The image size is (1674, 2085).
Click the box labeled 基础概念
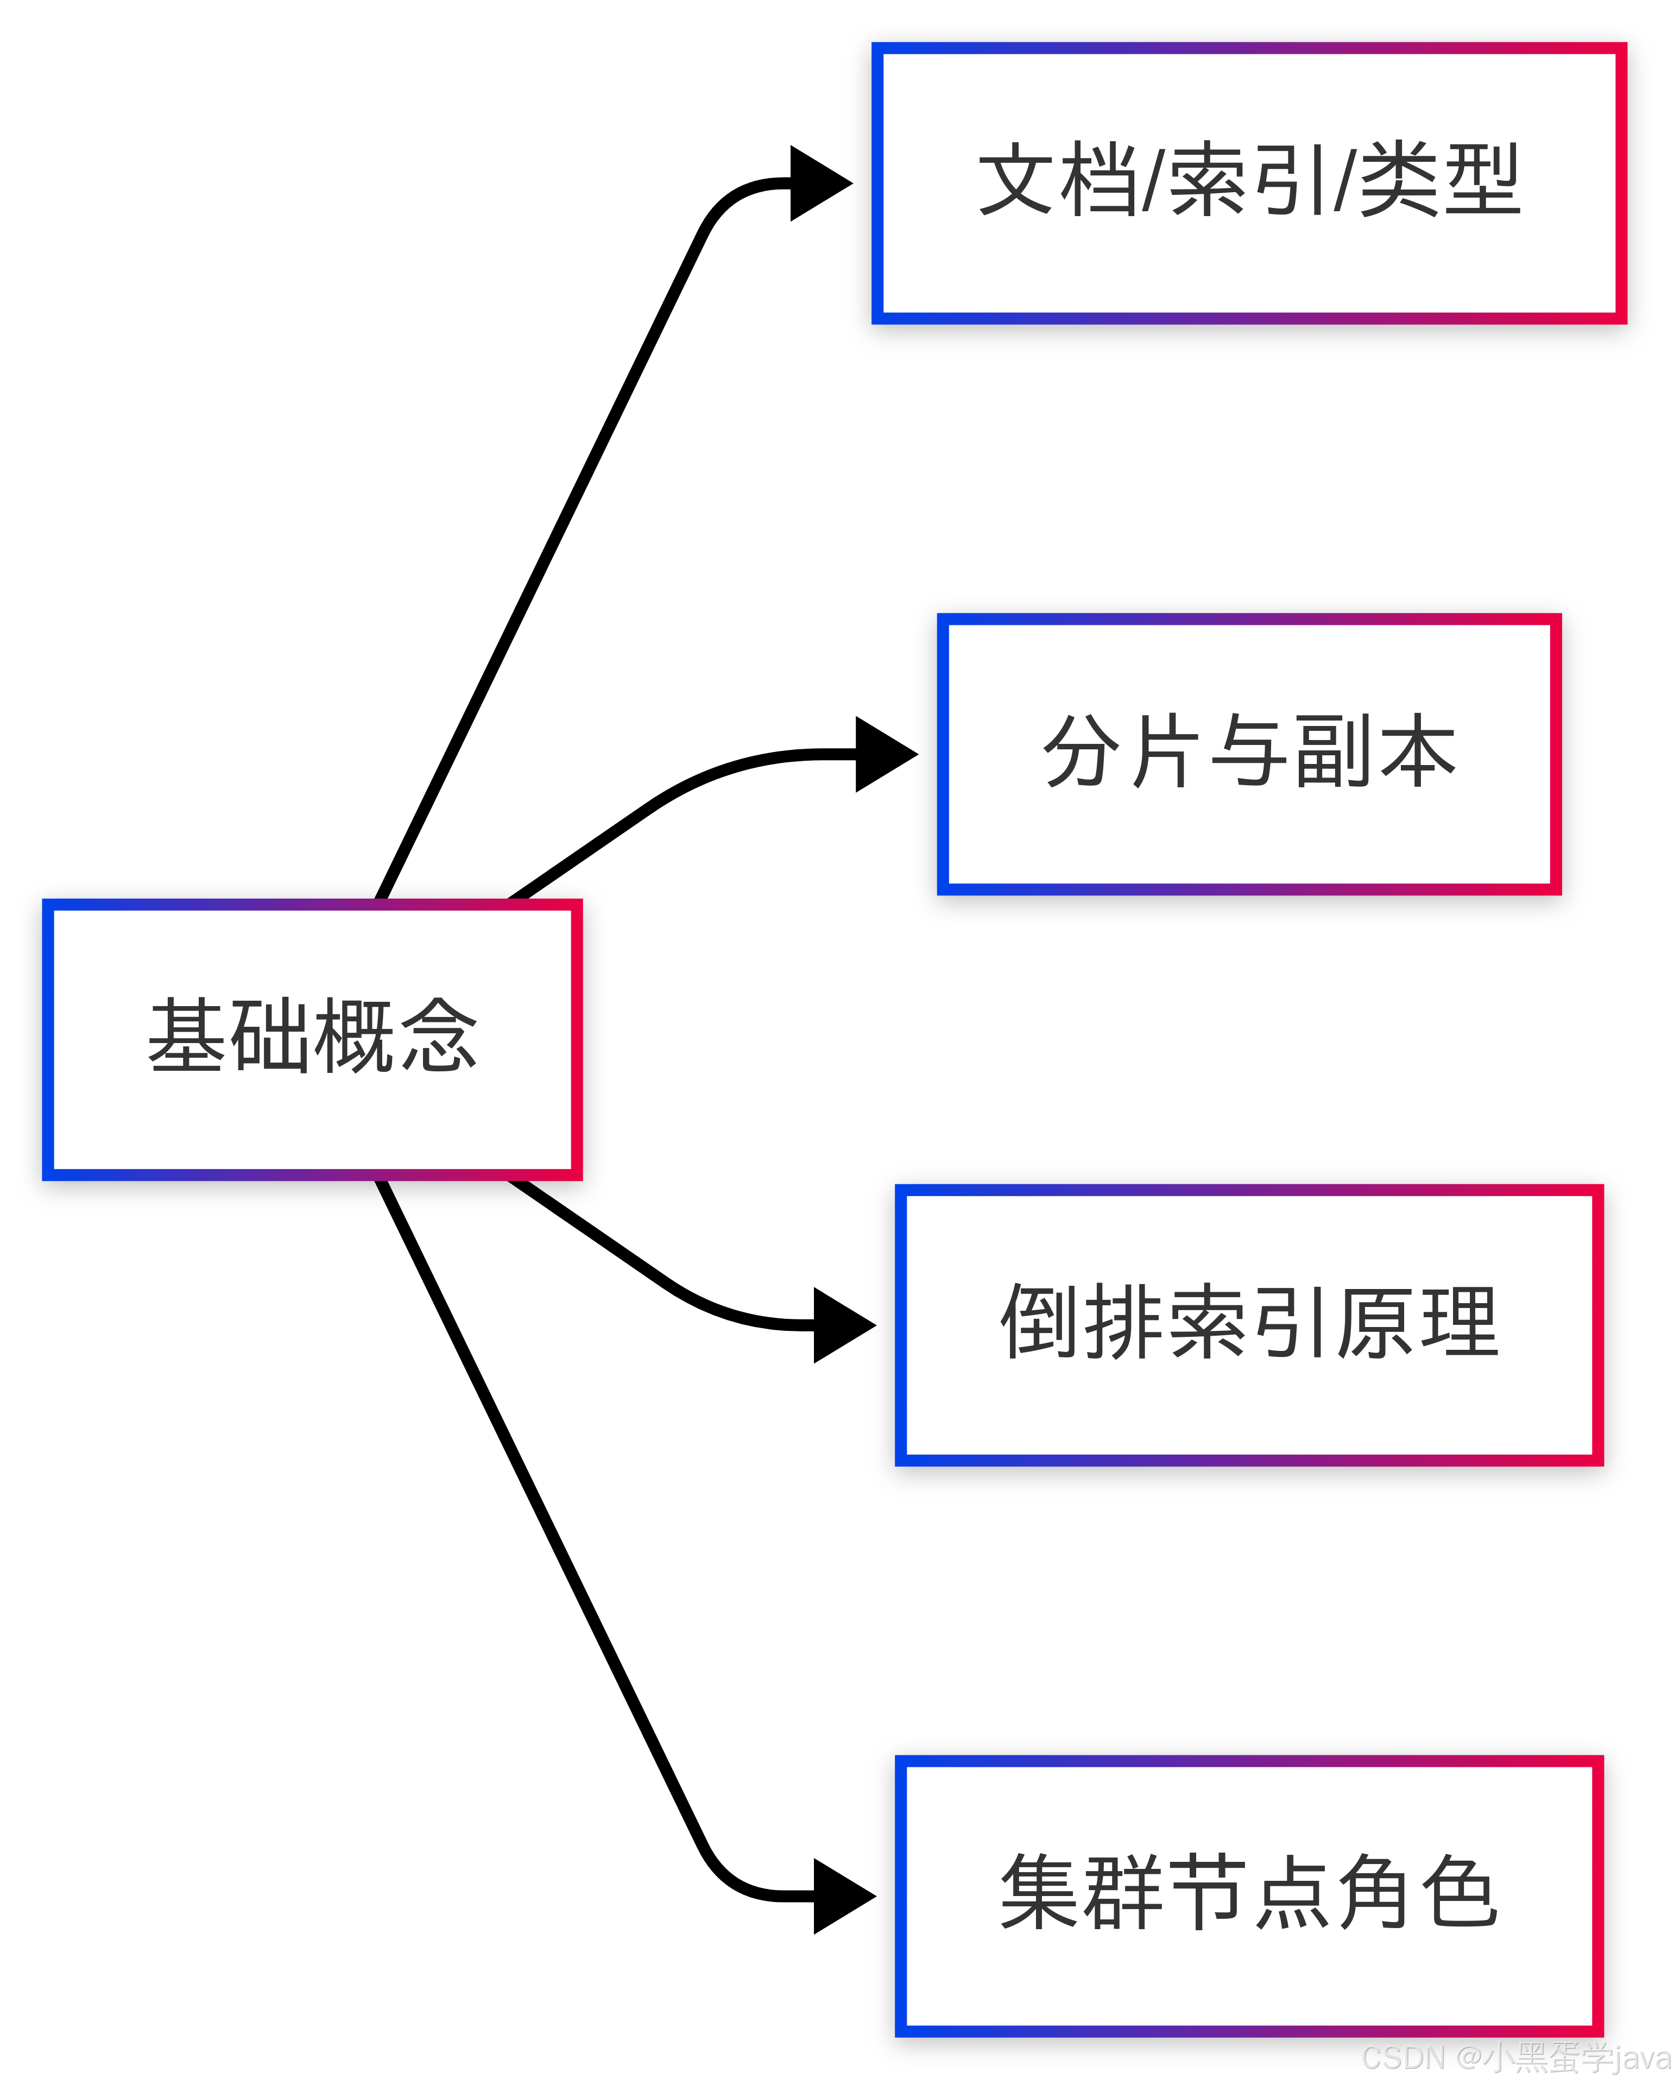[312, 1039]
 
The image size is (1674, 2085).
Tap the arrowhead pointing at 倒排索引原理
[842, 1325]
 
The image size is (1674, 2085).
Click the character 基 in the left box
[188, 1036]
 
